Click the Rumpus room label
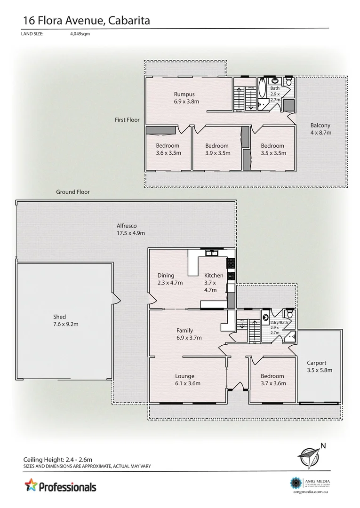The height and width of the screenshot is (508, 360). pos(184,94)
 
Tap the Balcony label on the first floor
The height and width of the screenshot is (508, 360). pos(320,126)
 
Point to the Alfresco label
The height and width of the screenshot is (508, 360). pos(127,225)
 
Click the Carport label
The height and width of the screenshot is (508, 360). pos(320,363)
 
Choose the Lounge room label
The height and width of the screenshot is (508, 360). pos(184,376)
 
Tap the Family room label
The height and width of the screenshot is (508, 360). pos(185,330)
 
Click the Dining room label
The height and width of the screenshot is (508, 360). pos(166,276)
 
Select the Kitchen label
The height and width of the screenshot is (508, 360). pos(214,276)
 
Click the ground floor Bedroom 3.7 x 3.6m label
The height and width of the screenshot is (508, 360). pos(272,376)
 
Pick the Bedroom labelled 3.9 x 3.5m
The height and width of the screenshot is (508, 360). pos(217,146)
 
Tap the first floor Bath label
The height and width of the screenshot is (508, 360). pos(275,88)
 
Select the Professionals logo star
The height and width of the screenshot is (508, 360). pos(31,484)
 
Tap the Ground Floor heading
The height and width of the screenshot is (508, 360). pos(73,192)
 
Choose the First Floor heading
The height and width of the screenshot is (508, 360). pos(127,120)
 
